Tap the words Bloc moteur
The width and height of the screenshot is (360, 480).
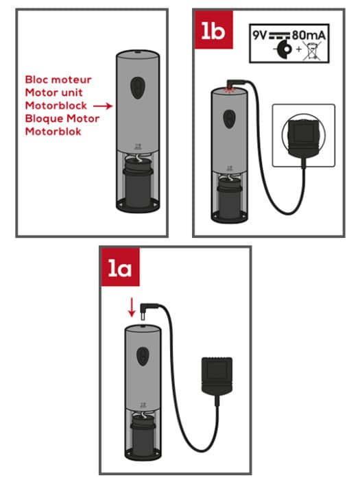58,80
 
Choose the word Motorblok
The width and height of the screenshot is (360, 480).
53,132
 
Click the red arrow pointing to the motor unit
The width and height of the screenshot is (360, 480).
103,106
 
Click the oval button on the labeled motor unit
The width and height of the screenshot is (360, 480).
137,86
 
